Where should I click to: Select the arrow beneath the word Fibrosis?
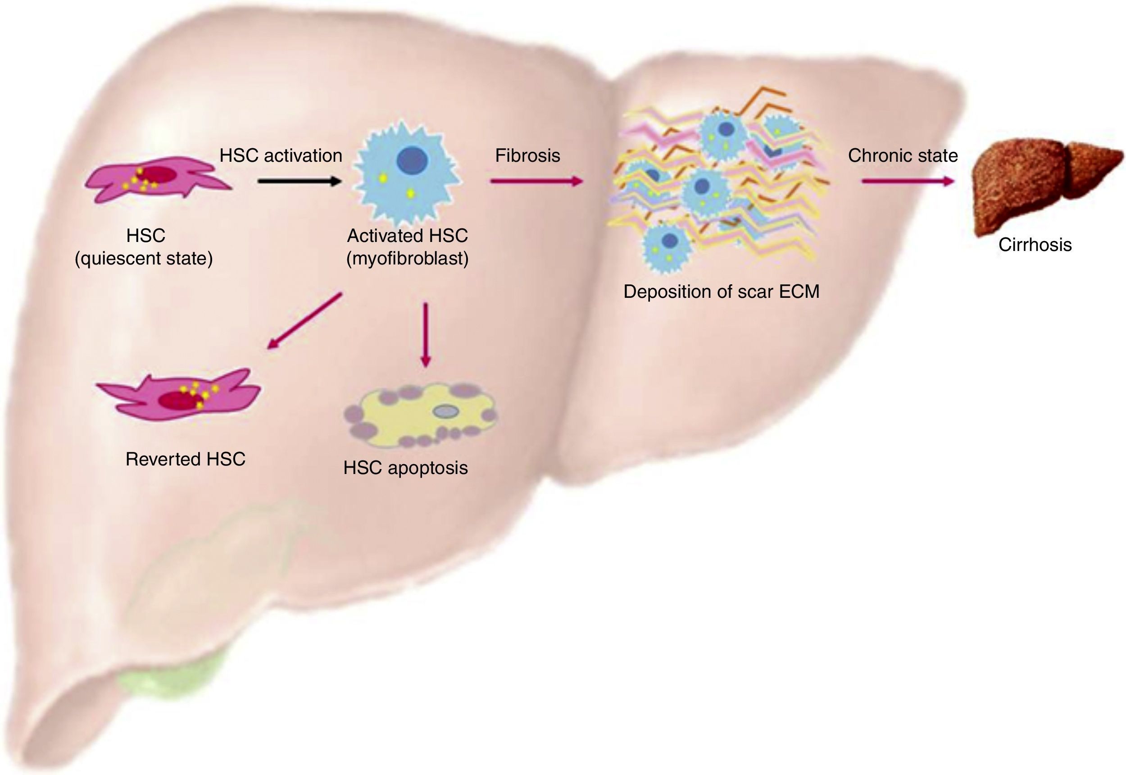click(536, 181)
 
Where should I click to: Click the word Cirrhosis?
click(1035, 244)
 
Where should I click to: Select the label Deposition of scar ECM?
click(721, 292)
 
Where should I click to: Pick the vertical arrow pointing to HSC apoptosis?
click(425, 335)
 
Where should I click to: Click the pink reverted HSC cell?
click(180, 396)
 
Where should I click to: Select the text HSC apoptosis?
click(405, 468)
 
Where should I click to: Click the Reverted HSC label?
click(186, 459)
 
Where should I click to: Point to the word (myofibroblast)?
click(407, 258)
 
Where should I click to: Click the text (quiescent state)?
click(144, 258)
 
